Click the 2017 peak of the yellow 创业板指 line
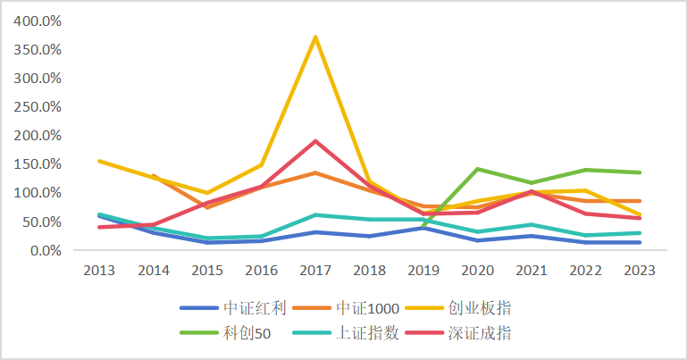click(315, 38)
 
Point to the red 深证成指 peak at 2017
click(315, 141)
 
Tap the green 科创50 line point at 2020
click(478, 169)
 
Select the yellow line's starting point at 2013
click(99, 161)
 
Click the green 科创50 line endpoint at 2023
click(640, 172)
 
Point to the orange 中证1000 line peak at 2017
click(315, 172)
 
